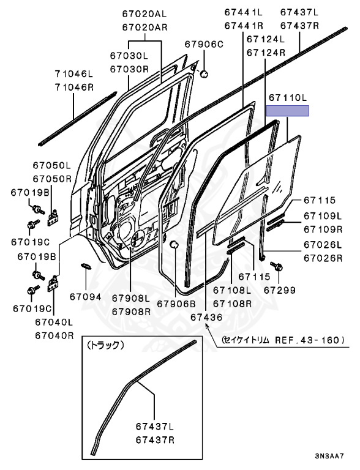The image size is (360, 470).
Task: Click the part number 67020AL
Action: [x=144, y=13]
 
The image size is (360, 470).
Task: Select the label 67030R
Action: [x=129, y=69]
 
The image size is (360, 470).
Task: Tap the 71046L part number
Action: [x=74, y=73]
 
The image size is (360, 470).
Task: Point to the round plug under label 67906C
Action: [x=204, y=73]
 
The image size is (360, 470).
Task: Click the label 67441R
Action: [x=244, y=26]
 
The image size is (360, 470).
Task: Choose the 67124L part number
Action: [x=266, y=39]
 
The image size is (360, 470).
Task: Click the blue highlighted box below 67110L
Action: [x=288, y=111]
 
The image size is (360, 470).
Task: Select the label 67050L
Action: [x=52, y=165]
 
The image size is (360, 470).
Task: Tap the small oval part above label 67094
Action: [x=86, y=266]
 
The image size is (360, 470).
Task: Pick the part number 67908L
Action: [x=131, y=298]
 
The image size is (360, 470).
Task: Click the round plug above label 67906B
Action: [x=174, y=245]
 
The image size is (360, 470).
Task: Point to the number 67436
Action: [x=206, y=317]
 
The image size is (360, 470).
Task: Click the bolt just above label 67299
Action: [x=276, y=266]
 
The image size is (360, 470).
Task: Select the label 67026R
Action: [x=323, y=258]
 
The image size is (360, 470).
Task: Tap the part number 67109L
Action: [x=323, y=216]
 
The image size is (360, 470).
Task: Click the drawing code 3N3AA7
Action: [x=329, y=456]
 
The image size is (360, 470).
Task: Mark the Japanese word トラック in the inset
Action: [x=105, y=346]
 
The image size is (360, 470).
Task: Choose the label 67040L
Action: [x=54, y=323]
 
